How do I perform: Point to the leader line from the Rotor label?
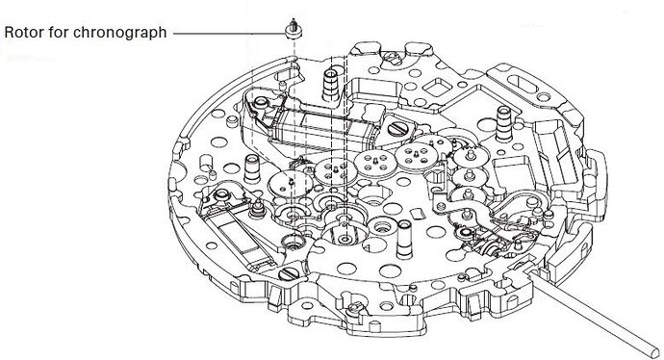click(x=230, y=34)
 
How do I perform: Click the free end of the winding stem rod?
click(x=655, y=350)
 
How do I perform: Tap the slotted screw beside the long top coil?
click(x=397, y=128)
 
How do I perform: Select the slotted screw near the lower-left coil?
click(x=288, y=274)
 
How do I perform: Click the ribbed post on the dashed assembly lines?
click(x=331, y=85)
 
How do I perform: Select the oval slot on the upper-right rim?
click(x=523, y=84)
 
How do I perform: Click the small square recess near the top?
click(x=435, y=88)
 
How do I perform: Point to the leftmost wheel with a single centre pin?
click(x=291, y=183)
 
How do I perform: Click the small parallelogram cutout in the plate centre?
click(x=417, y=214)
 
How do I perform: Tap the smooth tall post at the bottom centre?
click(x=403, y=241)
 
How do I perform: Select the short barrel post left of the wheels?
click(x=252, y=167)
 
